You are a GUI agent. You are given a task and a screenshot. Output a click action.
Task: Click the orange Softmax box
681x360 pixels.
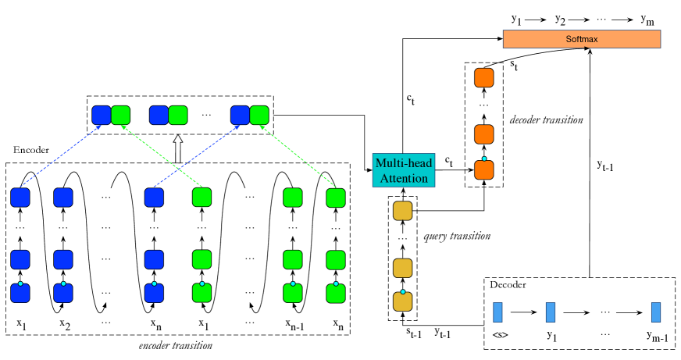[581, 39]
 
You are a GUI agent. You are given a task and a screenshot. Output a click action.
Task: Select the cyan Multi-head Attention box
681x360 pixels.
[402, 170]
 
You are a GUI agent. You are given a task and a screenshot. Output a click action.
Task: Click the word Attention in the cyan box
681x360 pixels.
[402, 179]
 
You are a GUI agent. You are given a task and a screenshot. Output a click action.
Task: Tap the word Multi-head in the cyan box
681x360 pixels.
[402, 162]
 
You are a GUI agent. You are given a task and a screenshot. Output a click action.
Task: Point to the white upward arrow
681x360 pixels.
[177, 149]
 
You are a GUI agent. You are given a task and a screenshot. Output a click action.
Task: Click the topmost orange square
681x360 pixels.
[484, 78]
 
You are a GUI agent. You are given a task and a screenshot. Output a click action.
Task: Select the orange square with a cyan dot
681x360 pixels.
[484, 169]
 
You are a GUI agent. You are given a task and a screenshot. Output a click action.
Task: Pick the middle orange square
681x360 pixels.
[484, 134]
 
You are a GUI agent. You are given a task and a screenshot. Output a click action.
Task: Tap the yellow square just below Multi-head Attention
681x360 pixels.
[402, 211]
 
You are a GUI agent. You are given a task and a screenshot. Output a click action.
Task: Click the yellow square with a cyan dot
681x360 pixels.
[402, 301]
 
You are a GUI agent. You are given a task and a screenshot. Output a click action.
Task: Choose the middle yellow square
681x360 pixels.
[402, 268]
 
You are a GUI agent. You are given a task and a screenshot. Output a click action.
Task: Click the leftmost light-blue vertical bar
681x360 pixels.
[497, 312]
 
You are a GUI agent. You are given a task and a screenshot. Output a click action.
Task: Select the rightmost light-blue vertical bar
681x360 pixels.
[656, 312]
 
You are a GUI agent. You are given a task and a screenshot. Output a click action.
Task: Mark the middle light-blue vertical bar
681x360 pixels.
[551, 312]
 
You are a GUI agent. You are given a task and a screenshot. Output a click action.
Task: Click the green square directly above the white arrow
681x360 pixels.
[178, 116]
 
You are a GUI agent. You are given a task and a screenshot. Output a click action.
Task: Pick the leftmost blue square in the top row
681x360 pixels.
[102, 116]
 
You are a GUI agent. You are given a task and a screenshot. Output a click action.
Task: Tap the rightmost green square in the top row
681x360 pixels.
[259, 116]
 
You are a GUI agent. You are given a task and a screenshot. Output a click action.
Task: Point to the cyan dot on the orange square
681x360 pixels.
[484, 159]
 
